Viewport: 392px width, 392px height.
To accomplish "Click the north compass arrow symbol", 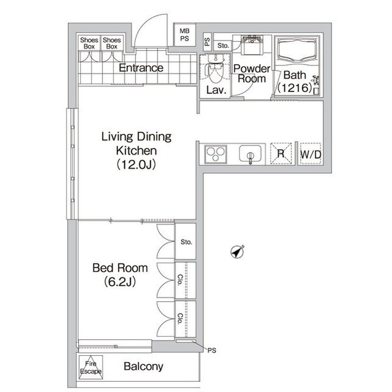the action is click(x=237, y=252).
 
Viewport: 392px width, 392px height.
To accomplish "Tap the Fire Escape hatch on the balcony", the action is click(x=91, y=367).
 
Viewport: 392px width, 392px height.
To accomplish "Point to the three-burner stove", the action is click(x=216, y=155).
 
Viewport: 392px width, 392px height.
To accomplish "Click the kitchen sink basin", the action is click(x=251, y=154).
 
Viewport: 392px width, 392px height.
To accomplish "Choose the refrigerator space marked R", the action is click(x=281, y=153).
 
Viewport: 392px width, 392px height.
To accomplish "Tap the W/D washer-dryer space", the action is click(x=311, y=154).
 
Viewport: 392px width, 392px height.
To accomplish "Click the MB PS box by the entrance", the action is click(x=184, y=35).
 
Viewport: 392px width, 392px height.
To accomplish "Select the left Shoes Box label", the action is click(x=89, y=43).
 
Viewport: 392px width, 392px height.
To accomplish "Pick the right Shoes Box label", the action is click(x=111, y=43).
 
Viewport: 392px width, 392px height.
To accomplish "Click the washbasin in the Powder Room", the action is click(x=252, y=44).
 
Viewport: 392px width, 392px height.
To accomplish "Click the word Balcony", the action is click(x=143, y=367).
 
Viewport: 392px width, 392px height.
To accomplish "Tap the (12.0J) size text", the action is click(x=137, y=164).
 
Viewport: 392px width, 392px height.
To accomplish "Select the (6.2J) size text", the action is click(x=120, y=282).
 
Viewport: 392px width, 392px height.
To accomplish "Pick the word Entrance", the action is click(x=141, y=68).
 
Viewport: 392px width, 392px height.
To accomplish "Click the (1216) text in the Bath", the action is click(x=295, y=88).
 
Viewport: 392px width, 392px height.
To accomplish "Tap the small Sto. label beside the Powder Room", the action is click(x=223, y=45).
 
